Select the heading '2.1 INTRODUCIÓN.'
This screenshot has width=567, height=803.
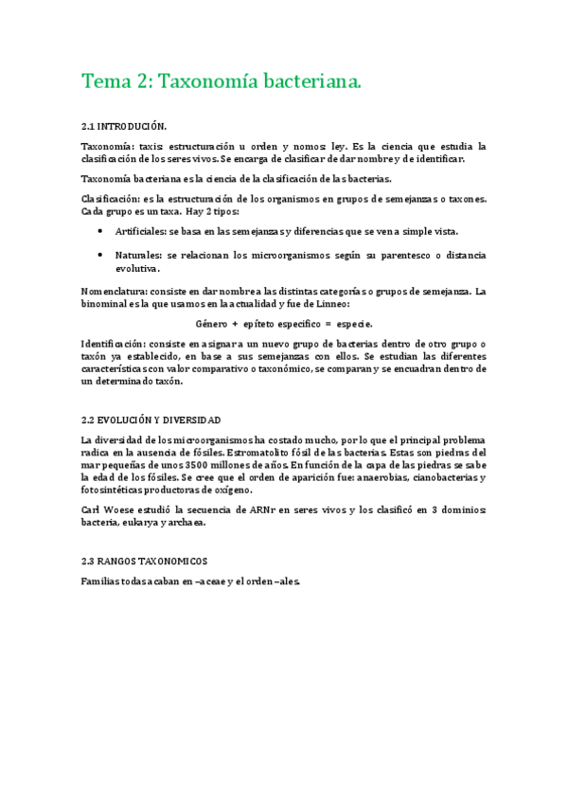pyautogui.click(x=124, y=126)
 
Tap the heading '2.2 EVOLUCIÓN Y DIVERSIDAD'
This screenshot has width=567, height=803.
pyautogui.click(x=151, y=419)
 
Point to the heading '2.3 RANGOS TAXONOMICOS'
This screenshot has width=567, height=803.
pyautogui.click(x=144, y=561)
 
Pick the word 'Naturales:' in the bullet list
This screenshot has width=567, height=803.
pyautogui.click(x=138, y=256)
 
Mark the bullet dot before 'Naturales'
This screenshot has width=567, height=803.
pyautogui.click(x=100, y=256)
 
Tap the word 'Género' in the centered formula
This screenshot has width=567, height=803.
pyautogui.click(x=212, y=323)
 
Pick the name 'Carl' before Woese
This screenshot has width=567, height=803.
pyautogui.click(x=92, y=509)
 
